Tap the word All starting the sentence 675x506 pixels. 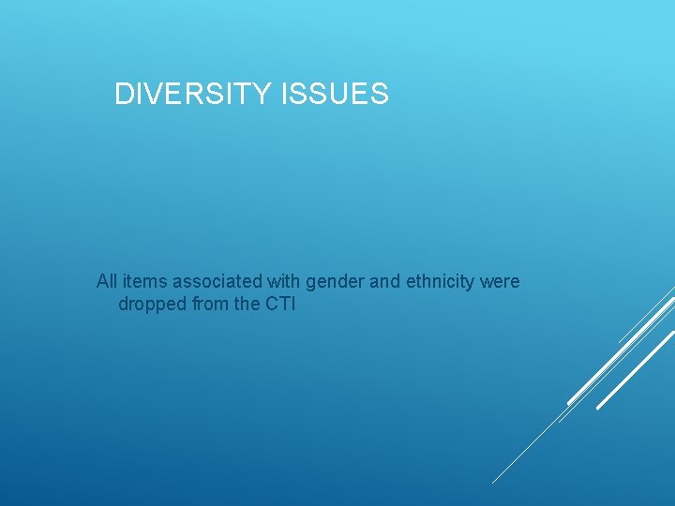pyautogui.click(x=107, y=281)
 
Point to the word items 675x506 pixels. pyautogui.click(x=142, y=281)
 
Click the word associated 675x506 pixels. pyautogui.click(x=212, y=281)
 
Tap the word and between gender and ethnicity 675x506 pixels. pyautogui.click(x=382, y=281)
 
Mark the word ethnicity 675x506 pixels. pyautogui.click(x=441, y=282)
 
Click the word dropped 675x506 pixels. pyautogui.click(x=151, y=305)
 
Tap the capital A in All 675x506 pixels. pyautogui.click(x=102, y=281)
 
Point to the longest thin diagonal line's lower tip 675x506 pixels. pyautogui.click(x=494, y=482)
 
